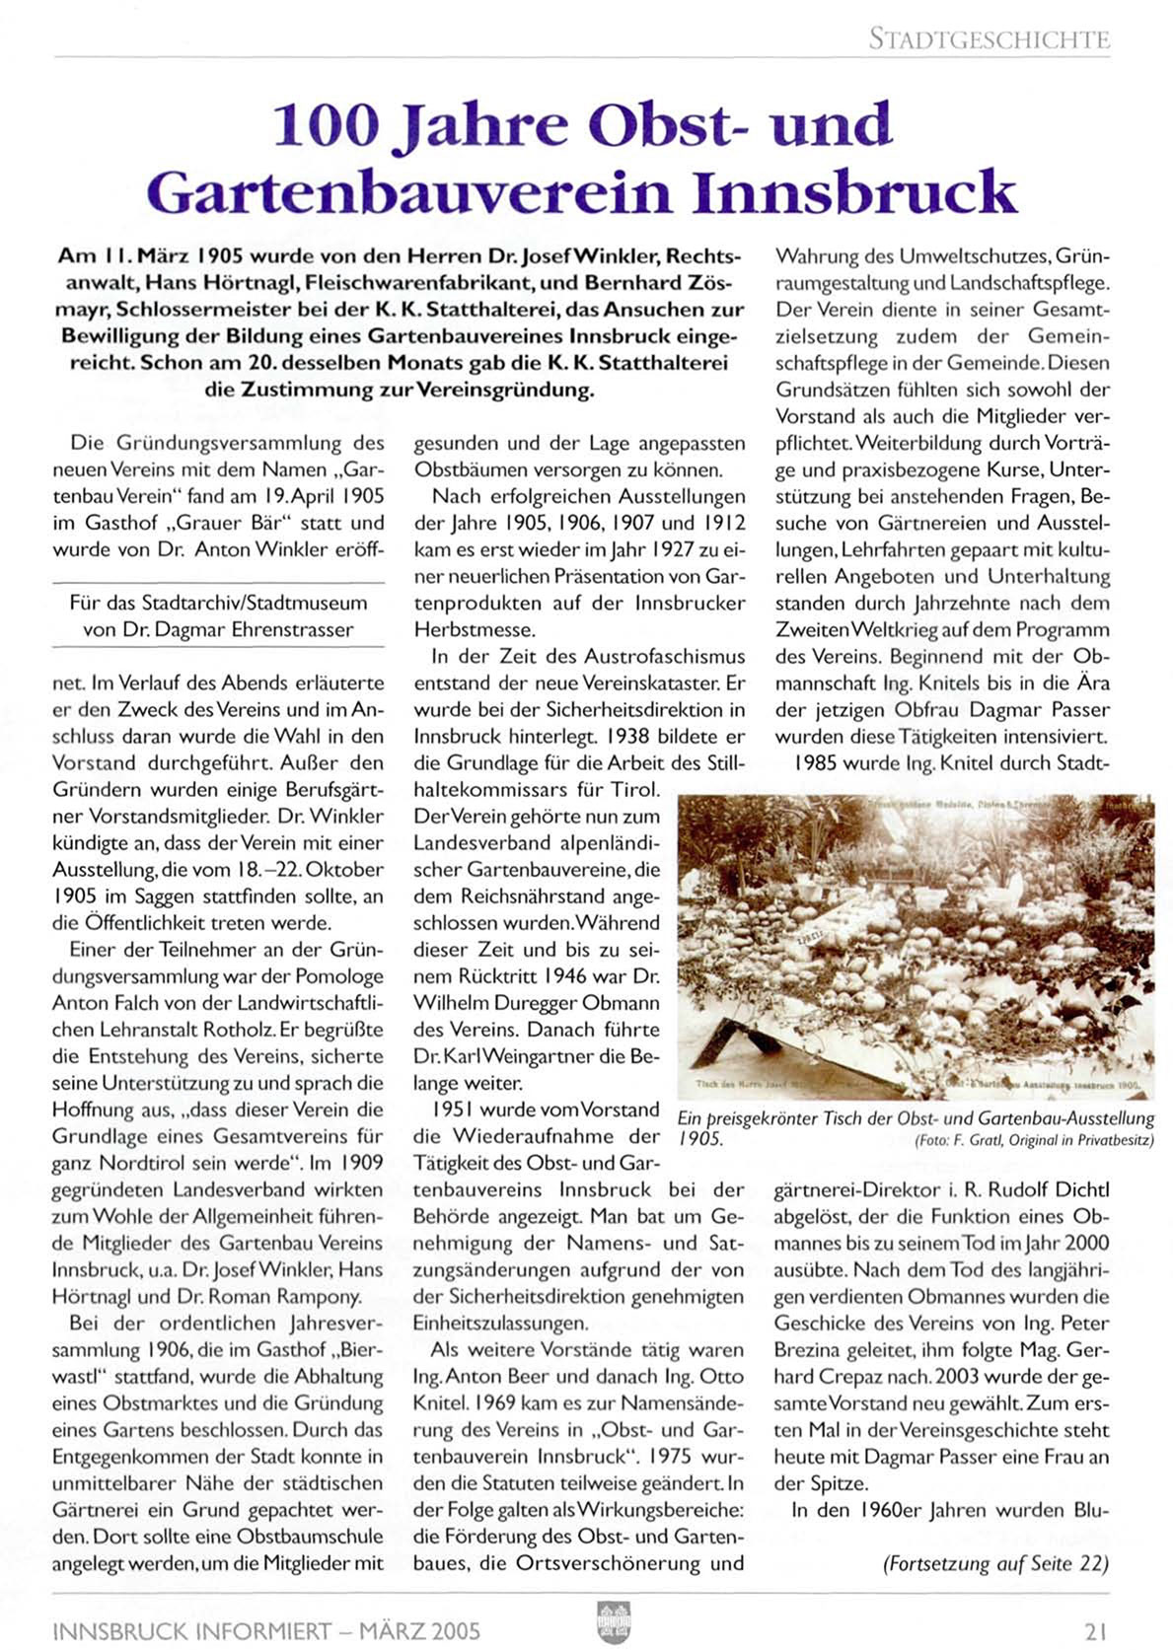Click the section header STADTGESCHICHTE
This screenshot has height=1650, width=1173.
989,39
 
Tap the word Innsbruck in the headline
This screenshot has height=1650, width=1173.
854,191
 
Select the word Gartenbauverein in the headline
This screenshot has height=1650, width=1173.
417,191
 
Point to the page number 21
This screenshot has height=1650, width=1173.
1095,1630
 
